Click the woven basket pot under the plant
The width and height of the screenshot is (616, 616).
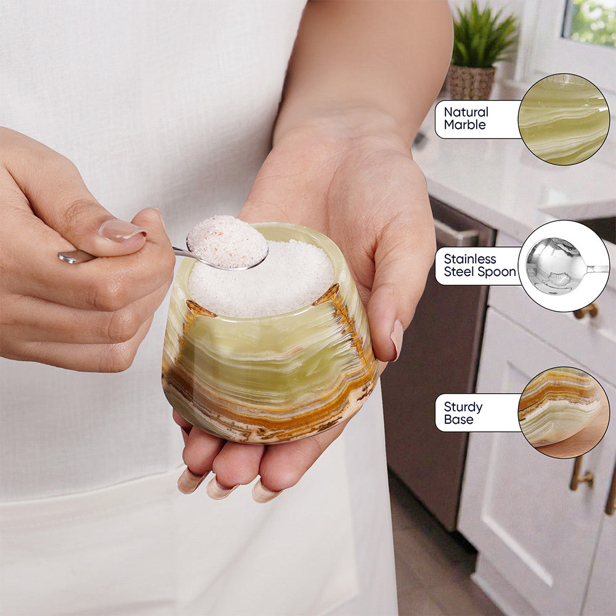tap(471, 82)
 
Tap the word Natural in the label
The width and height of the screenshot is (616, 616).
tap(466, 112)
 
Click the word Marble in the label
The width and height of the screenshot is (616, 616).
tap(464, 125)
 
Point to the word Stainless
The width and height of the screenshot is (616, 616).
tap(470, 259)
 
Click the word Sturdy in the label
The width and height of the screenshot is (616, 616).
tap(463, 407)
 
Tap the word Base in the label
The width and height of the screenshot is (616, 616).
tap(458, 419)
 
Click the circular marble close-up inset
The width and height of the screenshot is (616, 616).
tap(564, 119)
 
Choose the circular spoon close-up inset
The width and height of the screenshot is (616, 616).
tap(564, 266)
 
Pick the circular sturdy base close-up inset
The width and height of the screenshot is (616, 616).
tap(564, 413)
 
